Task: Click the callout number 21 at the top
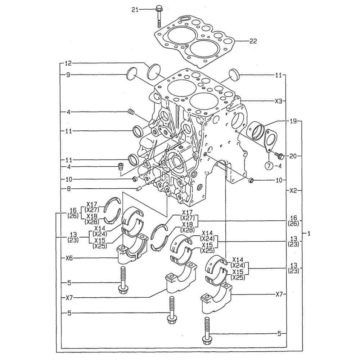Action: [x=135, y=9]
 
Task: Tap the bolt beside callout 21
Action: [x=159, y=16]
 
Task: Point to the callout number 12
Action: [x=68, y=63]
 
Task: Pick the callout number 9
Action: [x=68, y=75]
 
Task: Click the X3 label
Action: [x=278, y=102]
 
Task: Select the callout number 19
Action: [x=293, y=122]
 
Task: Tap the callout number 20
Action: [x=293, y=156]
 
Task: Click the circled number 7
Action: [x=269, y=166]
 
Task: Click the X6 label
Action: [x=70, y=258]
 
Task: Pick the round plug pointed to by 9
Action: [x=132, y=75]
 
